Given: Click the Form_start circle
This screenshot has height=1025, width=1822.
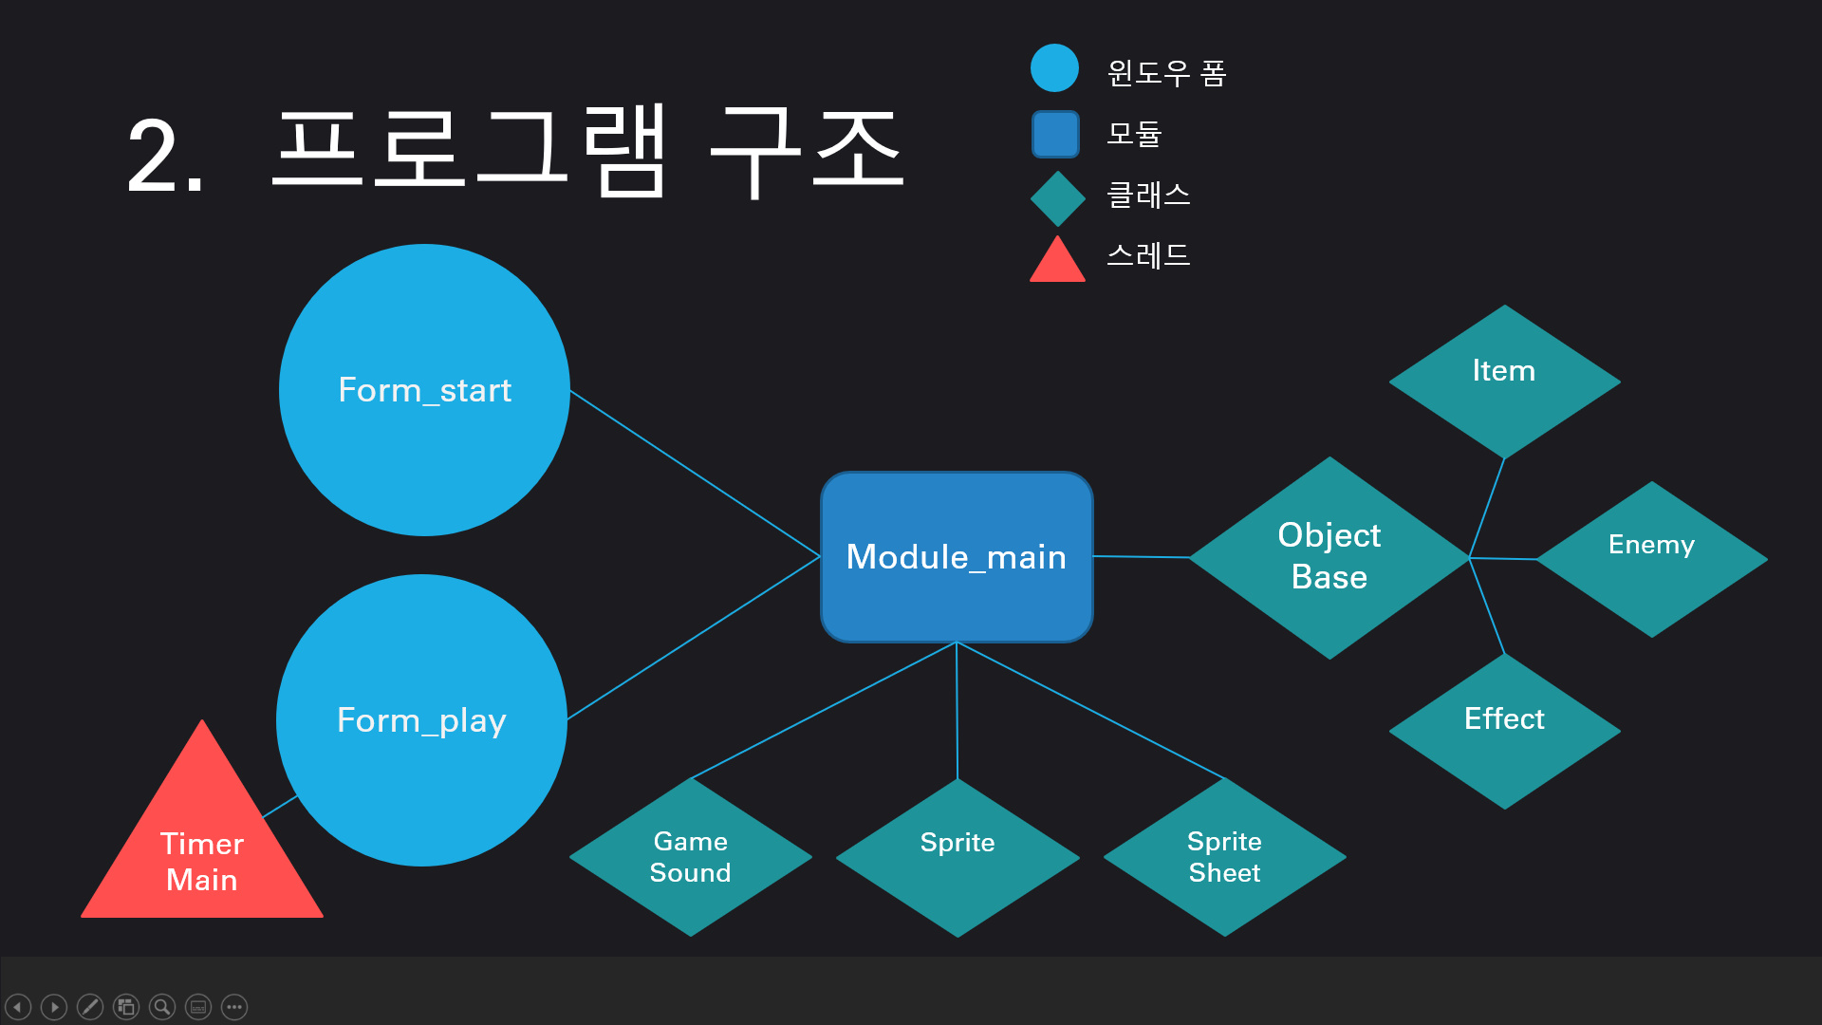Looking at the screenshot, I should point(424,390).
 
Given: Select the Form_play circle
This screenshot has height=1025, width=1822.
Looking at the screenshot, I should point(421,720).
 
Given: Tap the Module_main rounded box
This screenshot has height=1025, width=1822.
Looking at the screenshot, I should point(957,557).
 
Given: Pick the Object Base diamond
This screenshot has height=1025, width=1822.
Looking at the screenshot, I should point(1329,557).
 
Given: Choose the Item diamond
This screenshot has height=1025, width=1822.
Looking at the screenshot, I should point(1504,381).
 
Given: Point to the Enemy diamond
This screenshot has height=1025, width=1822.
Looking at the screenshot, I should point(1651,558).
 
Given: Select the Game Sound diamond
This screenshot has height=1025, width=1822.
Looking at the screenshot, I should point(690,857).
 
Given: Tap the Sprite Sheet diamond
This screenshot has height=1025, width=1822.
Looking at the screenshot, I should point(1224,857).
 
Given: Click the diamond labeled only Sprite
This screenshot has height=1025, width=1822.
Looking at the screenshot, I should point(957,857).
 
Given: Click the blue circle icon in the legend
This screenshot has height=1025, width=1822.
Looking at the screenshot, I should point(1054,68).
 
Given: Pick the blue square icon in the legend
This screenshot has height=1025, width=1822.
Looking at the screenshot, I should point(1055,134).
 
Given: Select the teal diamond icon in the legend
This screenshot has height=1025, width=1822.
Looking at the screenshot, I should point(1057,198).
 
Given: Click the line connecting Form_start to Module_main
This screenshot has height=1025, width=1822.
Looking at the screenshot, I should point(695,473).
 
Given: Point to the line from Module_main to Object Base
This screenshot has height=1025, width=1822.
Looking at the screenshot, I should point(1141,557).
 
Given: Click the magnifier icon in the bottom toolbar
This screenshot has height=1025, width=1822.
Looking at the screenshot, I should point(162,1006).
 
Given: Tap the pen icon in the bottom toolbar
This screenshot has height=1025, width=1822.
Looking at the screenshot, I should point(90,1006).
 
